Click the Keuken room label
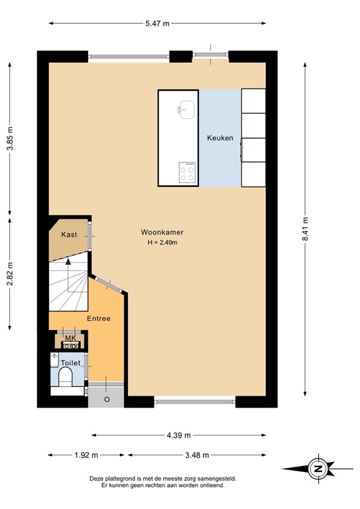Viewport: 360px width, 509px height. [x=219, y=138]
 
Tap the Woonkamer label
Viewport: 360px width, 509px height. [x=162, y=233]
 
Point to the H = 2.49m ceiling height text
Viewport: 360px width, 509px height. [x=162, y=243]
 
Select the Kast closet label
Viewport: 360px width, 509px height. [x=69, y=235]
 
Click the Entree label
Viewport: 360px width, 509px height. [x=99, y=319]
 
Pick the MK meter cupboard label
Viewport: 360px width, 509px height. [x=70, y=339]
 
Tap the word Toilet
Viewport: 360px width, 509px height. [x=70, y=363]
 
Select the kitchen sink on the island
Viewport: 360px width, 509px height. [x=185, y=108]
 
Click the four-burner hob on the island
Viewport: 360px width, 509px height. [x=188, y=173]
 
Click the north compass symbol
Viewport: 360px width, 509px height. [x=318, y=469]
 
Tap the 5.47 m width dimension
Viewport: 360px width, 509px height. [x=157, y=24]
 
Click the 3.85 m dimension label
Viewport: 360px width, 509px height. [x=10, y=139]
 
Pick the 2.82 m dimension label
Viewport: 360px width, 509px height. [x=10, y=272]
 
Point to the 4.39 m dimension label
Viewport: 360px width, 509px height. [x=178, y=435]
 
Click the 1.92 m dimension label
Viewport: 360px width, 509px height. [x=86, y=455]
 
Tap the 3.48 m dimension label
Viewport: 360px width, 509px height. [x=197, y=455]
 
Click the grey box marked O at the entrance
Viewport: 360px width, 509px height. [x=106, y=399]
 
